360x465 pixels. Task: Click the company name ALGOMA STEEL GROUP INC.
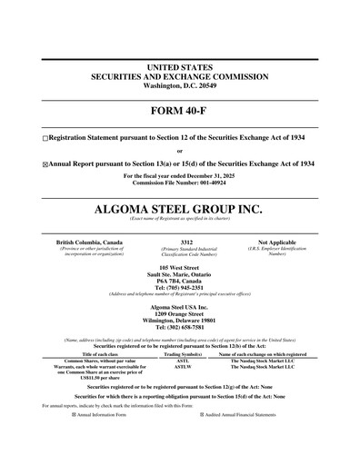click(x=179, y=209)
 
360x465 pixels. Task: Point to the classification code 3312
click(x=186, y=242)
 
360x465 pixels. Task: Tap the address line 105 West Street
click(x=180, y=269)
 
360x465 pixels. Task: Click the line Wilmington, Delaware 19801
click(x=180, y=320)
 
